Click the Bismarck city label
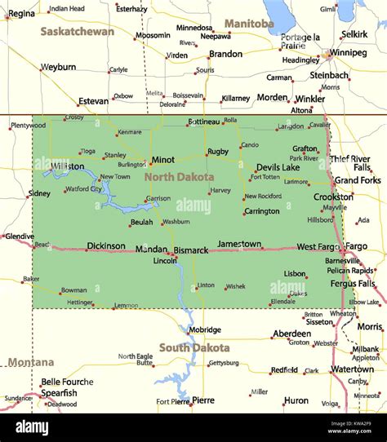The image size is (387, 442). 190,250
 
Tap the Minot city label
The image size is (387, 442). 162,160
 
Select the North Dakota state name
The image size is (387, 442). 179,177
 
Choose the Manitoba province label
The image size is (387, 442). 249,24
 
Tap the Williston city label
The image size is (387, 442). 67,166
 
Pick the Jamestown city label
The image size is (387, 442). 239,244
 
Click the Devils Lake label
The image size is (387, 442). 278,167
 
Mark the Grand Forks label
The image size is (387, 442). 357,180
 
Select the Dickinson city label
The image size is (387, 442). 106,245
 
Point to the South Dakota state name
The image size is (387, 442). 193,347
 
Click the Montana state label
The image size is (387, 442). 31,362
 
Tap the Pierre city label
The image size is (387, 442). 203,400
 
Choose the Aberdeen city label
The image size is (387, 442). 291,334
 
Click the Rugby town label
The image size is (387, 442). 218,152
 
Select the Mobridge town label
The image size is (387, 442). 204,330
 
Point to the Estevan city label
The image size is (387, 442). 93,101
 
